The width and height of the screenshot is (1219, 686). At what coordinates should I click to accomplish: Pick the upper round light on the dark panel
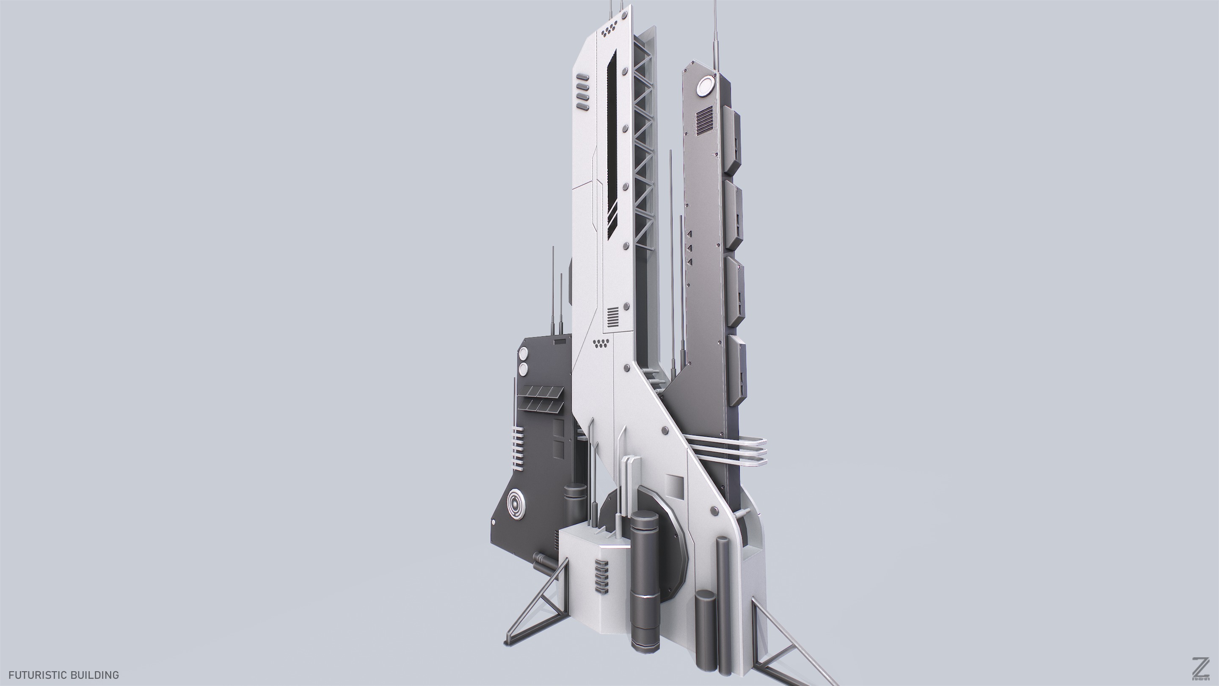pyautogui.click(x=524, y=354)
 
